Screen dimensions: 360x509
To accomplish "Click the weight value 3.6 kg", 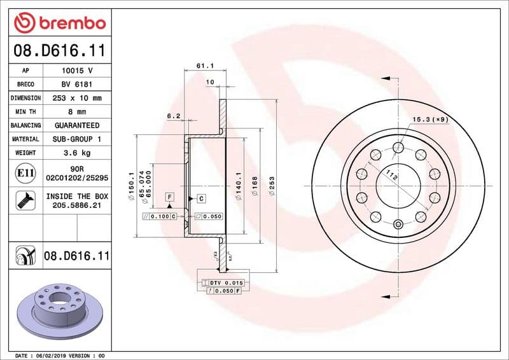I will (77, 153).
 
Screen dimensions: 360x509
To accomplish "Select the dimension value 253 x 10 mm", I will (77, 98).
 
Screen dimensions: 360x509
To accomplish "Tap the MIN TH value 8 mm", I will (77, 112).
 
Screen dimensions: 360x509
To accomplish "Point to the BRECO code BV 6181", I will (77, 84).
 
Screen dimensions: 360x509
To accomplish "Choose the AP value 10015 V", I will (77, 71).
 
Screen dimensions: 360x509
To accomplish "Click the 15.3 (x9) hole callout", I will (431, 119).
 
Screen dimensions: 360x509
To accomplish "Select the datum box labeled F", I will (170, 197).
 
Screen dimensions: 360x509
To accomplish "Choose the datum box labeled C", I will (201, 198).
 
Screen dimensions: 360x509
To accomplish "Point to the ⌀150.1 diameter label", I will (130, 184).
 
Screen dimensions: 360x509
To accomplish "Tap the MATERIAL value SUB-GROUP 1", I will (77, 139).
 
